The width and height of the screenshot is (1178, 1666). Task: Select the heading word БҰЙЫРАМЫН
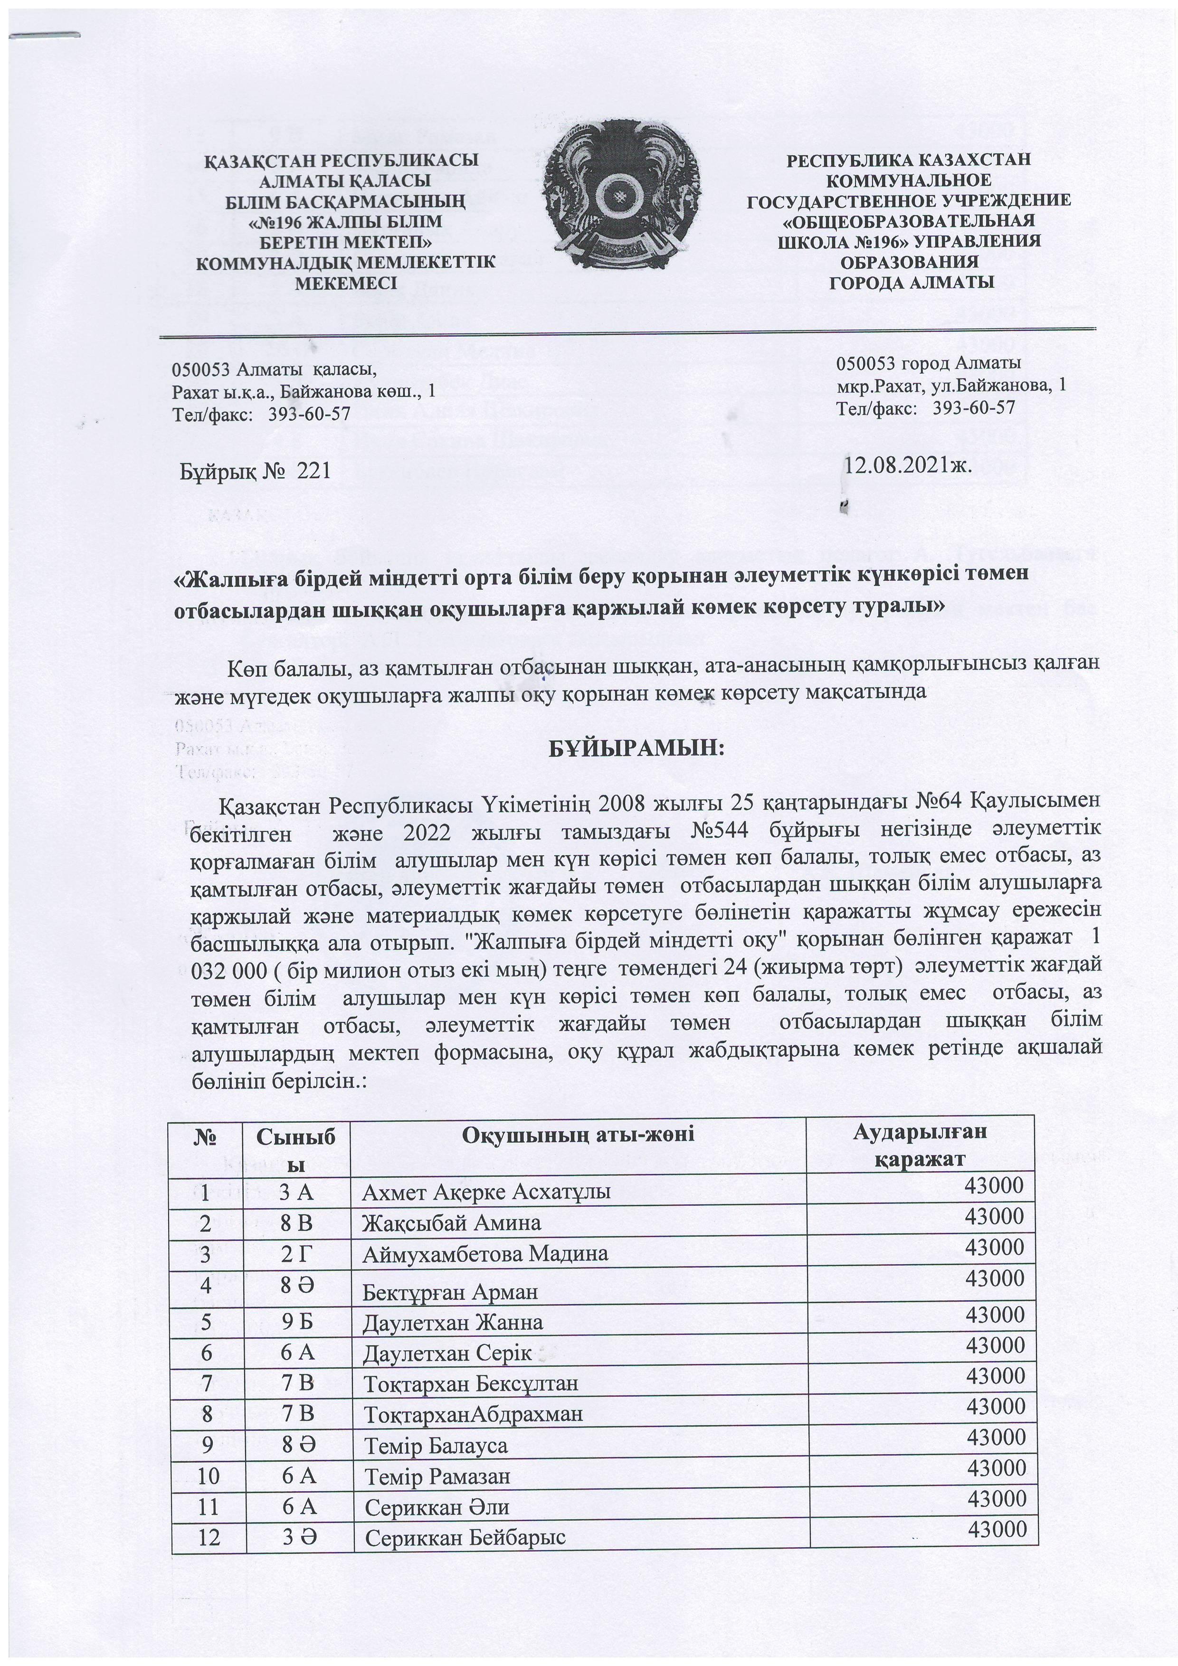pyautogui.click(x=636, y=748)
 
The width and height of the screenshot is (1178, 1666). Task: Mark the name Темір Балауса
pyautogui.click(x=436, y=1446)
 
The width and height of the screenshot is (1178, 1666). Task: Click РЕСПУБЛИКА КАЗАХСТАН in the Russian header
pyautogui.click(x=909, y=160)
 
